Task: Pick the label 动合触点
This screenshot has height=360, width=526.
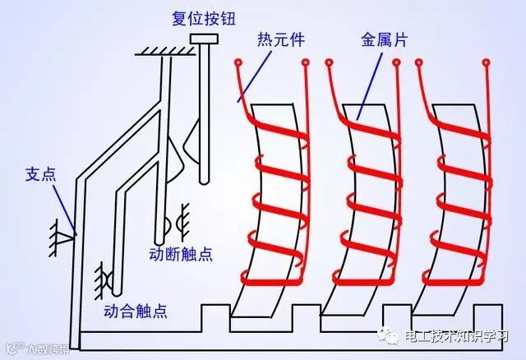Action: [x=136, y=312]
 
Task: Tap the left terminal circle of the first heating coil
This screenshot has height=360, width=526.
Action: [x=238, y=62]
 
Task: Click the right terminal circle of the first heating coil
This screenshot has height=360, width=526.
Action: [x=306, y=62]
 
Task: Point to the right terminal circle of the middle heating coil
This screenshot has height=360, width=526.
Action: [x=397, y=62]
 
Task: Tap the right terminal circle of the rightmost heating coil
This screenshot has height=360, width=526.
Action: [x=487, y=62]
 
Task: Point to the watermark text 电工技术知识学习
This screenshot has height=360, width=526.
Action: [x=458, y=339]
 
